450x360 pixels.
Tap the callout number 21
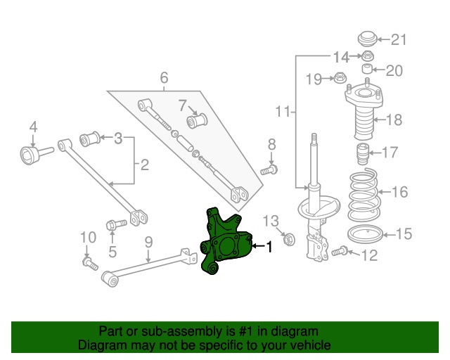(399, 39)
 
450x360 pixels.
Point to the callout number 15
(404, 234)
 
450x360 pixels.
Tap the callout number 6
(164, 77)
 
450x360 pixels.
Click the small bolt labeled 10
(89, 264)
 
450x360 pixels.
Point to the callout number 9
(148, 243)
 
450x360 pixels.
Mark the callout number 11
(282, 111)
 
